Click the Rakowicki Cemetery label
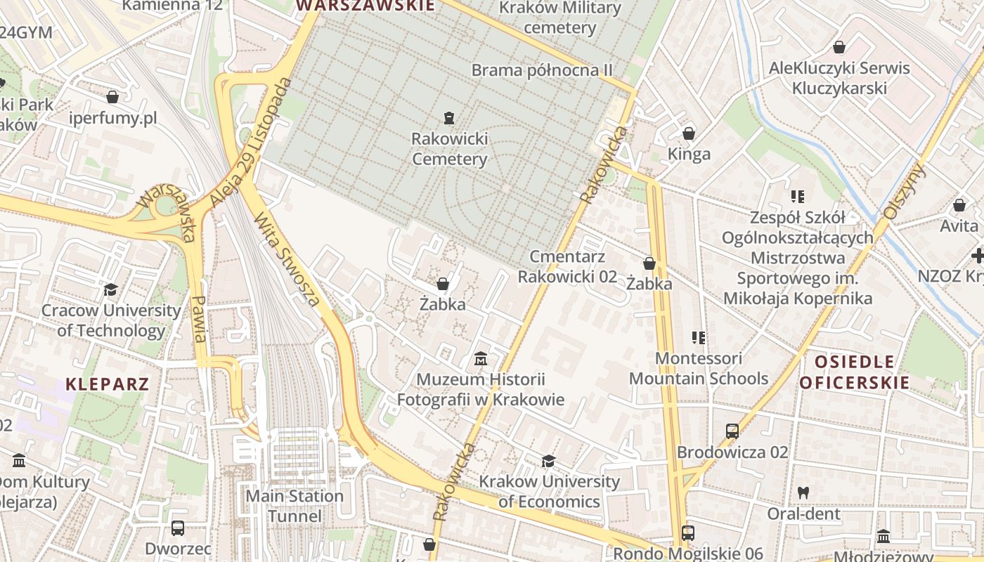pyautogui.click(x=449, y=149)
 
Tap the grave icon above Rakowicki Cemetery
pyautogui.click(x=449, y=117)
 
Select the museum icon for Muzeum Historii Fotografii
pyautogui.click(x=481, y=359)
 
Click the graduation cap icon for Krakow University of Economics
pyautogui.click(x=548, y=461)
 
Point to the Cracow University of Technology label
pyautogui.click(x=110, y=320)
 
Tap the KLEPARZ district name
pyautogui.click(x=108, y=384)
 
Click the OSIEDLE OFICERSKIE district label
pyautogui.click(x=855, y=372)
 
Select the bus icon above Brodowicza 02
pyautogui.click(x=732, y=431)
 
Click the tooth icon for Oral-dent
pyautogui.click(x=803, y=493)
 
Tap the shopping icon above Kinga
pyautogui.click(x=689, y=133)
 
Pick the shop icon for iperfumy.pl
pyautogui.click(x=112, y=97)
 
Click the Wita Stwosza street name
pyautogui.click(x=287, y=259)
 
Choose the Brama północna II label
pyautogui.click(x=542, y=70)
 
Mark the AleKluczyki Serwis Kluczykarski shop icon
pyautogui.click(x=839, y=47)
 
